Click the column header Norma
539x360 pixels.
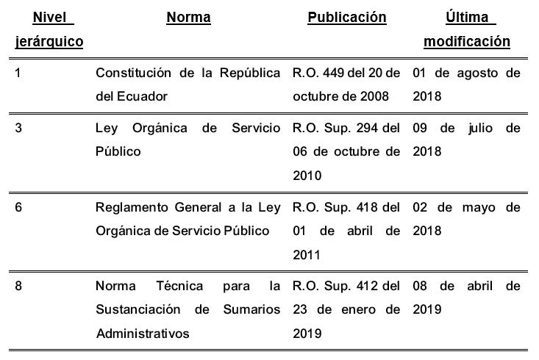pyautogui.click(x=188, y=18)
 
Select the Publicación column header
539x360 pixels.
pyautogui.click(x=346, y=18)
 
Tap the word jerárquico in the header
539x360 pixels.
pyautogui.click(x=49, y=42)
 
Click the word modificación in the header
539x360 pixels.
pyautogui.click(x=466, y=42)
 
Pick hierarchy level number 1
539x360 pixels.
pyautogui.click(x=18, y=73)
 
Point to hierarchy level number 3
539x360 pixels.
pyautogui.click(x=18, y=128)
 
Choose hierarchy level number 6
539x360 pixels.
pyautogui.click(x=18, y=207)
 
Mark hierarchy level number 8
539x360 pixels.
pyautogui.click(x=18, y=286)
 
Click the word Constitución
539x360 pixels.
pyautogui.click(x=132, y=73)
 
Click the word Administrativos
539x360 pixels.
pyautogui.click(x=143, y=333)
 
